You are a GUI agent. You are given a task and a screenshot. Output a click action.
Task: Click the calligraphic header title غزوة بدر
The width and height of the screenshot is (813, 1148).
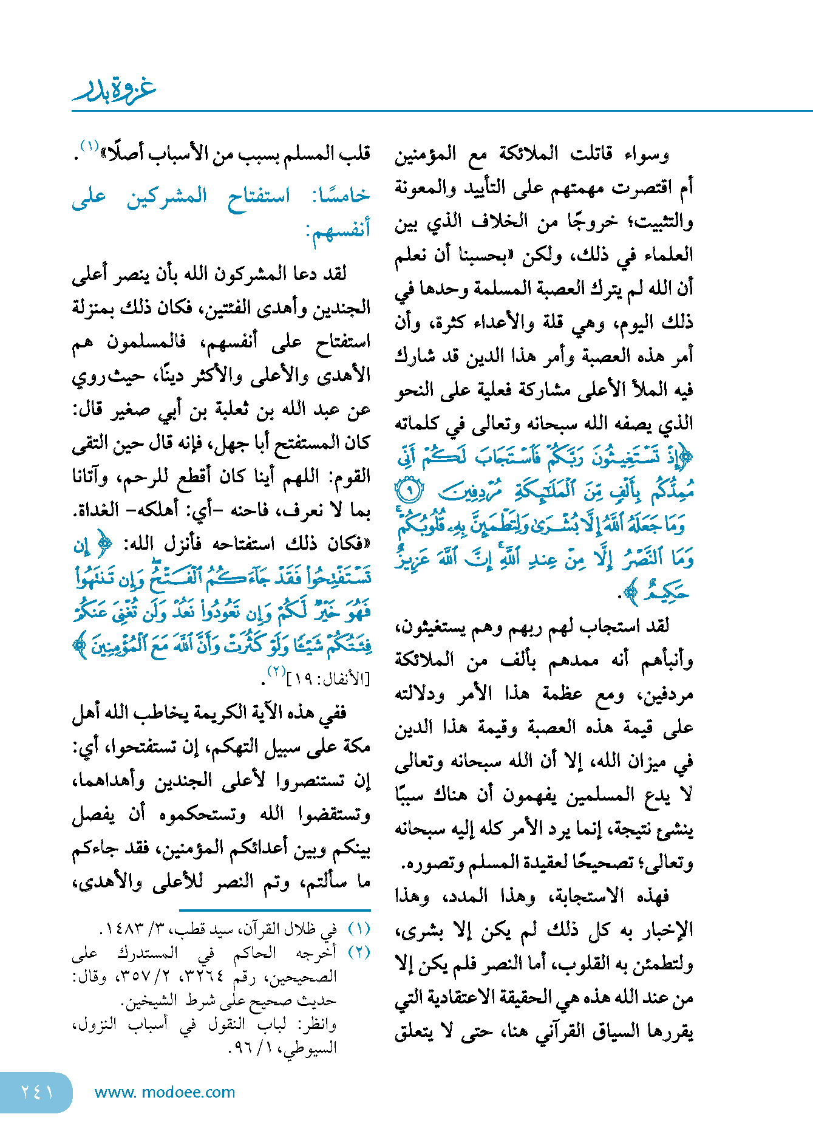[114, 89]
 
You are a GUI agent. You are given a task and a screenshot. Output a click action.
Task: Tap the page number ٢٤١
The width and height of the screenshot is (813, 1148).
[38, 1092]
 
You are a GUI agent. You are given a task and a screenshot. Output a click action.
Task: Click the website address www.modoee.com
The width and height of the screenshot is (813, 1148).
[165, 1092]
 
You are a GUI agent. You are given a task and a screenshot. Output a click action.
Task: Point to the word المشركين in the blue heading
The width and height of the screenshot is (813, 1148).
[166, 196]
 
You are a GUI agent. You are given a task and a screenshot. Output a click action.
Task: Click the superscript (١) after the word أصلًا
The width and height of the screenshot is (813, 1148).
[89, 146]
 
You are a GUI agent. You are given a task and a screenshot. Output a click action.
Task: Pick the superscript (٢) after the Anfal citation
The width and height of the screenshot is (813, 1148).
[276, 672]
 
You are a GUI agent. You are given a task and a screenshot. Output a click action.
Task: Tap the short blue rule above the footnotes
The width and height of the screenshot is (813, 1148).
[274, 911]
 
